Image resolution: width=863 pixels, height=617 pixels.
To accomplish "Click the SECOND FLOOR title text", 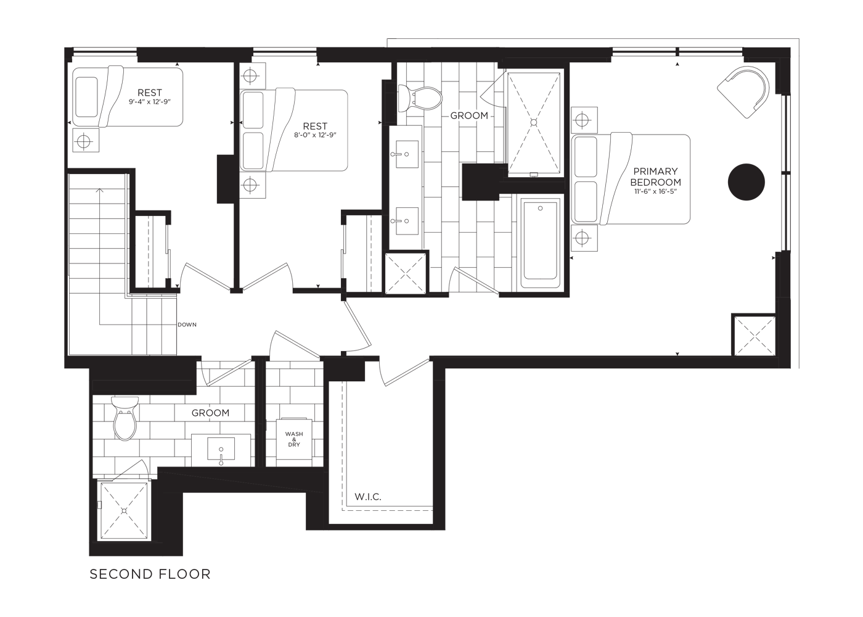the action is pos(150,574).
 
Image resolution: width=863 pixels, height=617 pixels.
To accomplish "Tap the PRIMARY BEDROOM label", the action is pos(655,176).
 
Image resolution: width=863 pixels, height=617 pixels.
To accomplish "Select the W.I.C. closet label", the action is pos(368,497).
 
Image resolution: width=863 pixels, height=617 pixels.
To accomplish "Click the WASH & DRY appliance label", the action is pos(294,439).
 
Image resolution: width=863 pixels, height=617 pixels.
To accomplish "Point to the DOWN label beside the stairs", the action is pos(187,325).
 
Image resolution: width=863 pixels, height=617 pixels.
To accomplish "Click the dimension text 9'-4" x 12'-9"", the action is pos(149,102).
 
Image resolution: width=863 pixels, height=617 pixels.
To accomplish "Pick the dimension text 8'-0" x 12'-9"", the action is pos(315,135).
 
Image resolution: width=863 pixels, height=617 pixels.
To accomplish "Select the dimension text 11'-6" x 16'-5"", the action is pos(655,191).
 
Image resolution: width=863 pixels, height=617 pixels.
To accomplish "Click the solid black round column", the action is pos(746,182).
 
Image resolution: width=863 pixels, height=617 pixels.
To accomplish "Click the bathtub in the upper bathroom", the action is pos(540,243).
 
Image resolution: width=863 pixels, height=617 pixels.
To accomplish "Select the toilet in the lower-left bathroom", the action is pos(125,418).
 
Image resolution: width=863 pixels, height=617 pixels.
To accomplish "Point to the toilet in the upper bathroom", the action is pos(420,98).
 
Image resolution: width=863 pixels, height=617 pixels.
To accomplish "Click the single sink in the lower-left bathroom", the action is pos(221,450).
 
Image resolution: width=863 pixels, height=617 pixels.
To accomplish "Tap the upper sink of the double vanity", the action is pos(407,154).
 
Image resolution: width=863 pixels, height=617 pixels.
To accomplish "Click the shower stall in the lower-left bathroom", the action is pos(124,511).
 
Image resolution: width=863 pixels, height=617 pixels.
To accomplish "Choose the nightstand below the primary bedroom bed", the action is pos(584,238).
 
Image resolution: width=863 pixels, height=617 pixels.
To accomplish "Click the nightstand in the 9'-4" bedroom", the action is pos(86,141).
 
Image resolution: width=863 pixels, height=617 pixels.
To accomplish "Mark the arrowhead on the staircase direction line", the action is pos(100,190).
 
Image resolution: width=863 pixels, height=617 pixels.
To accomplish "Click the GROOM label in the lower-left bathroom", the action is pos(210,413).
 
